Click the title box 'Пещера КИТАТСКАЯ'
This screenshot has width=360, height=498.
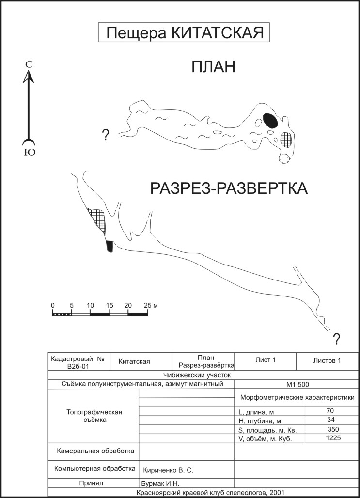[x=184, y=32]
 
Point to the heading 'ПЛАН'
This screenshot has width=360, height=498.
[x=213, y=67]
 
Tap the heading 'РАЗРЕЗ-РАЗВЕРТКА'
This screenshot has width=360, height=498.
[x=229, y=188]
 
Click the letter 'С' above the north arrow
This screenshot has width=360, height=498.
[x=29, y=64]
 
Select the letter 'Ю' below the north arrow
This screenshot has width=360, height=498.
[x=30, y=153]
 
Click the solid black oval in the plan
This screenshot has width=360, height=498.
[x=271, y=121]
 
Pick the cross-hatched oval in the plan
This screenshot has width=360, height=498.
[x=286, y=140]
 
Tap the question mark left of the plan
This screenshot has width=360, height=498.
[x=105, y=135]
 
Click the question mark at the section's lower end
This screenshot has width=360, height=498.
[x=336, y=339]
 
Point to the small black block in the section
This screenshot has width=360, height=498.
[x=110, y=247]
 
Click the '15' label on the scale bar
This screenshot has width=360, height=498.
[x=110, y=306]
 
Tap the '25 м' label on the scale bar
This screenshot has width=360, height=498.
[x=151, y=306]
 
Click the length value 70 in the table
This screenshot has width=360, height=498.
[x=330, y=411]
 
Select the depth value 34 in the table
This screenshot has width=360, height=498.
[x=331, y=420]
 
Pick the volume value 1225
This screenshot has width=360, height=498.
[x=333, y=438]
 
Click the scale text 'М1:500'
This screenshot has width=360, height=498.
[x=297, y=385]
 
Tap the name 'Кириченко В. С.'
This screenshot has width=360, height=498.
[x=169, y=470]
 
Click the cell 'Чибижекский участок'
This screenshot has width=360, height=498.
[x=197, y=375]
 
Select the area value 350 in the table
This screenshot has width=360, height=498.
[x=334, y=429]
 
